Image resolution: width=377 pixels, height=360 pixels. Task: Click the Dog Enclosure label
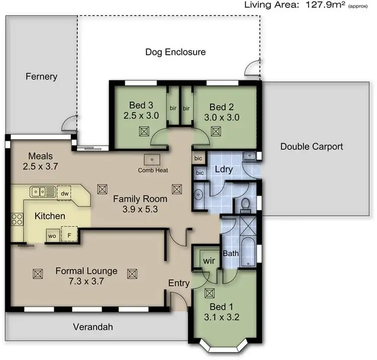[x=175, y=52]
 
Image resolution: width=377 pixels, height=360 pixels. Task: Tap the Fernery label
[x=41, y=77]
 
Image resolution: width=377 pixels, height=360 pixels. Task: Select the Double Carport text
[x=312, y=146]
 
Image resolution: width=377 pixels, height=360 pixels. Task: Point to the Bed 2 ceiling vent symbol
[x=216, y=131]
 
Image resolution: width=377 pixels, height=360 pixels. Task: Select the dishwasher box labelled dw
[x=65, y=193]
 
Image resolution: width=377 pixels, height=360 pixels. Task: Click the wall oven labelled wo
[x=52, y=235]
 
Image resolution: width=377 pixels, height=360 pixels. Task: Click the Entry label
[x=178, y=283]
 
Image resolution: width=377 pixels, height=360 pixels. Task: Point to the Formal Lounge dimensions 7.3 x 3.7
[x=86, y=282]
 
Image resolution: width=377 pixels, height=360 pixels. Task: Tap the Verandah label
[x=92, y=327]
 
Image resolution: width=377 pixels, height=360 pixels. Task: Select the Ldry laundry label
[x=224, y=169]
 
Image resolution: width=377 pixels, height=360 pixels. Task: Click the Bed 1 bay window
[x=225, y=347]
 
